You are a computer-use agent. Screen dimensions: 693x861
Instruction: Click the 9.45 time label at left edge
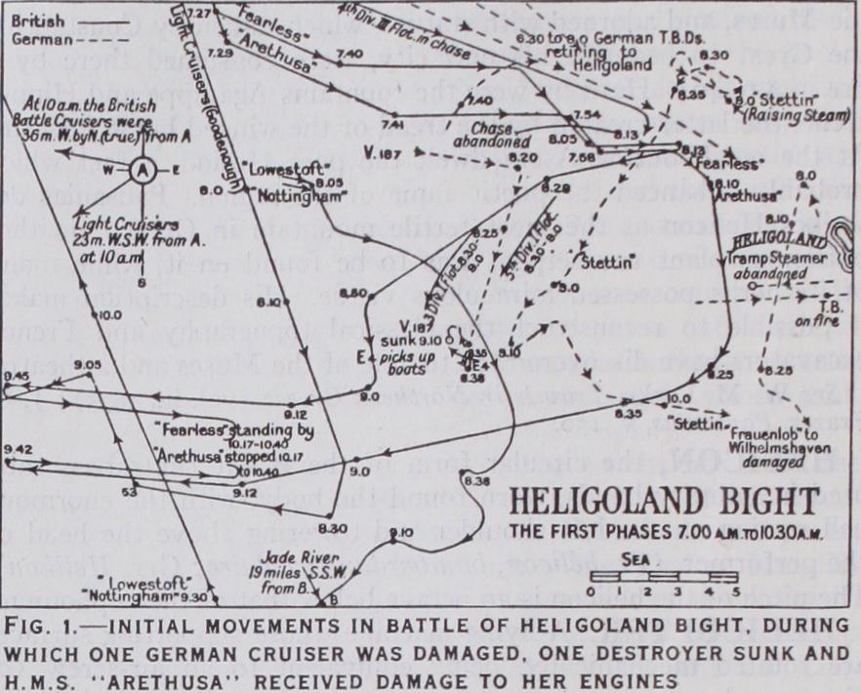click(x=17, y=374)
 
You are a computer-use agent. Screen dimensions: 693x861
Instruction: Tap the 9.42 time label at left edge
click(x=17, y=448)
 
